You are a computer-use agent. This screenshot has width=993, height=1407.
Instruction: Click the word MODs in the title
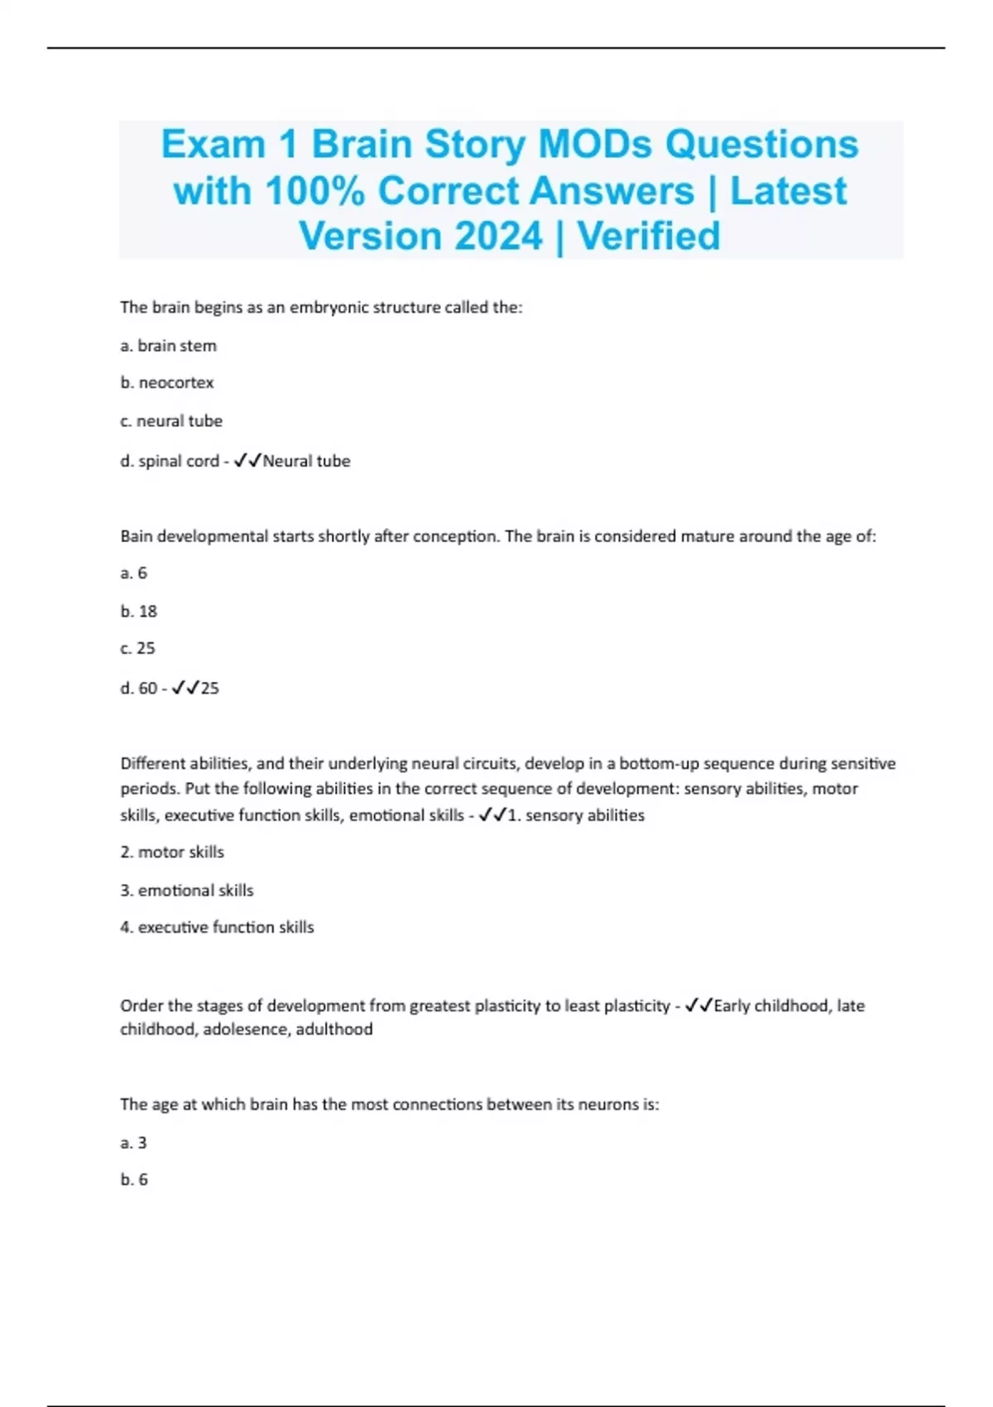(x=595, y=144)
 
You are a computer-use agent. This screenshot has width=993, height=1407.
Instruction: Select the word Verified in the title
(x=649, y=236)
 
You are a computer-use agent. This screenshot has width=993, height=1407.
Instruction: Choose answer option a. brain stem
(x=168, y=346)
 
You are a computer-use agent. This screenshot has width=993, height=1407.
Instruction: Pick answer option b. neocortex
(x=166, y=383)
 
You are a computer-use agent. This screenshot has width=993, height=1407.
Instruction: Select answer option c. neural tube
(x=171, y=421)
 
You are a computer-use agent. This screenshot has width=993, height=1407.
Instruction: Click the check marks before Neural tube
(x=247, y=461)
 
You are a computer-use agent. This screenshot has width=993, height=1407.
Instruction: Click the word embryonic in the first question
(x=328, y=307)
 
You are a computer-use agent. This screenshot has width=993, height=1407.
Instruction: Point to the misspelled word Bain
(x=137, y=536)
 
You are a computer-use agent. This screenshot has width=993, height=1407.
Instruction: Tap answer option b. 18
(x=138, y=612)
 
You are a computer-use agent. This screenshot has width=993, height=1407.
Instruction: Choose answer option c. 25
(x=137, y=648)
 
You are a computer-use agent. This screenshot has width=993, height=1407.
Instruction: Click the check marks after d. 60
(x=185, y=688)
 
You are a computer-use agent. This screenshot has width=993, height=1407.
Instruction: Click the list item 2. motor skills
(x=172, y=852)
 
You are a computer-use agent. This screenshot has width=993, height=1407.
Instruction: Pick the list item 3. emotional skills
(x=187, y=891)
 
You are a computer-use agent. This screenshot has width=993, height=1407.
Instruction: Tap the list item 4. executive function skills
(x=217, y=928)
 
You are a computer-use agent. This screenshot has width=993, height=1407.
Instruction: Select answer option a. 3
(x=133, y=1143)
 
